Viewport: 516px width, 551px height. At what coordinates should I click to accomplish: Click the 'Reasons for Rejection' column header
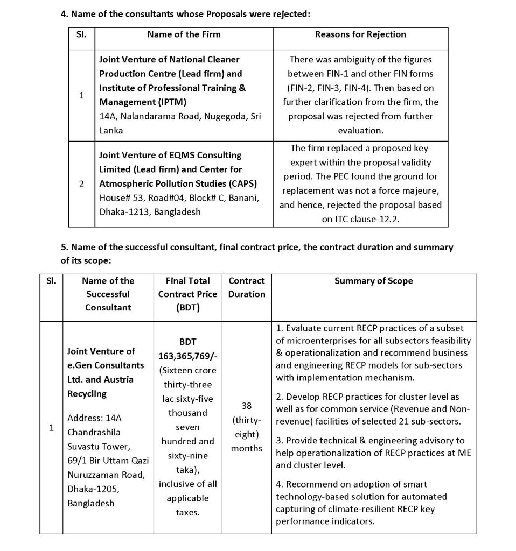coord(360,34)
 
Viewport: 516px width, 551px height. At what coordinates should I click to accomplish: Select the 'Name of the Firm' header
coord(184,34)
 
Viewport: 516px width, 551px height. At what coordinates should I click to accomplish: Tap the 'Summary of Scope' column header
coord(374,281)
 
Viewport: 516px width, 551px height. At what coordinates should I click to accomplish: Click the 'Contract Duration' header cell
coord(247,287)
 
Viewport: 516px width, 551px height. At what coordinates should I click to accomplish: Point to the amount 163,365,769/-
coord(187,356)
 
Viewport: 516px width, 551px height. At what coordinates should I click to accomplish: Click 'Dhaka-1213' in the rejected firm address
coord(124,212)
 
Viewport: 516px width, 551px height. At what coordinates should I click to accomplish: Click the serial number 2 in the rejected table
coord(81,183)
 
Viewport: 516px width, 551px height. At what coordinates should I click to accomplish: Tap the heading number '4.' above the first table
coord(64,13)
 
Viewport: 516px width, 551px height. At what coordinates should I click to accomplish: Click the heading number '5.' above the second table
coord(64,247)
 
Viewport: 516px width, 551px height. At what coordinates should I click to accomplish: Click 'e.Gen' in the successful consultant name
coord(79,365)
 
